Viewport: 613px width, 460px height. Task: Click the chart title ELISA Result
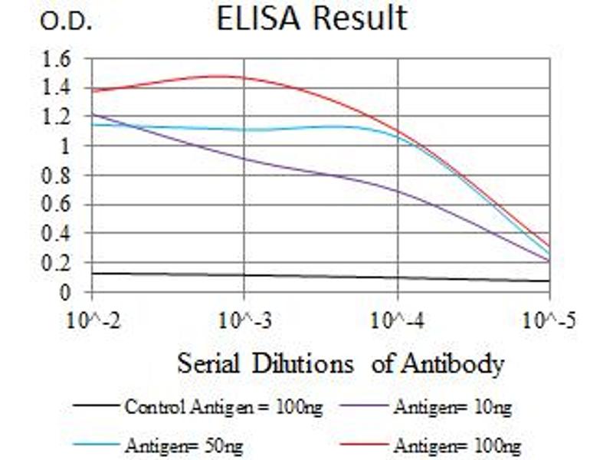tap(311, 19)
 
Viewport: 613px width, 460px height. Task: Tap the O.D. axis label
tap(67, 22)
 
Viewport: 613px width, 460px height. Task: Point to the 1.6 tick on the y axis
tap(60, 58)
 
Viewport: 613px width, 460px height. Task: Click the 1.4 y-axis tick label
tap(60, 87)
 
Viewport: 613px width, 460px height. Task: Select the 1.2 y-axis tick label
tap(60, 117)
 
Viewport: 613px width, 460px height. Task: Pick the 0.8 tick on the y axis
tap(60, 176)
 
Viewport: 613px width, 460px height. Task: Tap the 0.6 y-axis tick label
tap(60, 205)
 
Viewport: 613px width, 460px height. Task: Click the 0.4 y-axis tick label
tap(60, 234)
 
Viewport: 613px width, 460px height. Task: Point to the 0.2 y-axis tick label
tap(60, 263)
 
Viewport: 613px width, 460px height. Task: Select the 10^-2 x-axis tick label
tap(92, 320)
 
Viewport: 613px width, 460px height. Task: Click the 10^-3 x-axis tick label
tap(244, 320)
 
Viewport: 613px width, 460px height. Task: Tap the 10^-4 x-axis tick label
tap(398, 320)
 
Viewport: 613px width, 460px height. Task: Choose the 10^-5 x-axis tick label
tap(550, 320)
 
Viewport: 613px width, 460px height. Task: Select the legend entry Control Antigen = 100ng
tap(222, 407)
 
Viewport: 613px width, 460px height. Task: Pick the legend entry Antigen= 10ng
tap(452, 407)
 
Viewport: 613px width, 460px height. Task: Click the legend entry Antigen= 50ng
tap(185, 445)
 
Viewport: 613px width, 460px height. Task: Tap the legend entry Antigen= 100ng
tap(457, 445)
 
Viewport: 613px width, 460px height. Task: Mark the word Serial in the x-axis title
tap(205, 363)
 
